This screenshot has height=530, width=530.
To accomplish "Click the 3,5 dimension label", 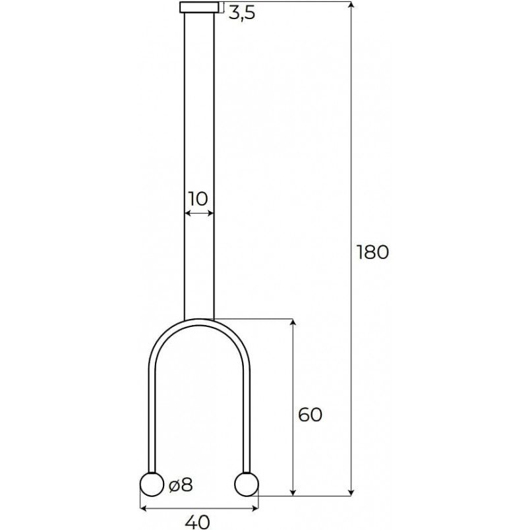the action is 242,14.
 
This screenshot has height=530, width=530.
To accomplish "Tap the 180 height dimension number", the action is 373,252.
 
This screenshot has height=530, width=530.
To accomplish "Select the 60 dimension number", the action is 310,415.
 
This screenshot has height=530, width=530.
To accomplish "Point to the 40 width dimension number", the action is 197,522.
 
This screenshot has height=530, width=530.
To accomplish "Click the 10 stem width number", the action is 198,199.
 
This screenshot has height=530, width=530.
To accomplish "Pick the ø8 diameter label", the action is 181,485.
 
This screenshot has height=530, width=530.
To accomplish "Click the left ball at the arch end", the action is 152,485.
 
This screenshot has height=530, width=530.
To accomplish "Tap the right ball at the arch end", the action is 247,485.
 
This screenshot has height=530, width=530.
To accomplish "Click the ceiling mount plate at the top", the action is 199,7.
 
